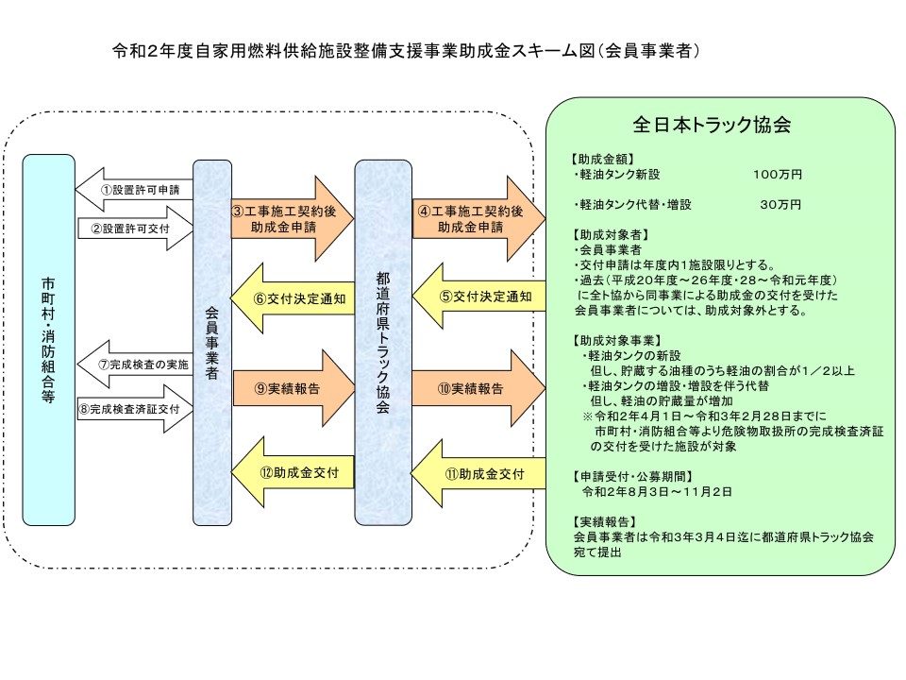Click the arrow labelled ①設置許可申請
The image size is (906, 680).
coord(134,190)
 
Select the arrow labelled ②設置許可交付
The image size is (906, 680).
coord(135,229)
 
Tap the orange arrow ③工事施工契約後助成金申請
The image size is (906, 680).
coord(292,218)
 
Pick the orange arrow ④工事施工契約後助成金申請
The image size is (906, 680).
coord(478,218)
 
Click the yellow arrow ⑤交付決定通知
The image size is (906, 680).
coord(478,297)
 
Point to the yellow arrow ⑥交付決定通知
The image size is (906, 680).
coord(293,298)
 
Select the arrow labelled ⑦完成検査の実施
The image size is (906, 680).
coord(135,365)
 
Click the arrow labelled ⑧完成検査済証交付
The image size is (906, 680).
coord(135,409)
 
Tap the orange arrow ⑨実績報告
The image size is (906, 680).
coord(294,388)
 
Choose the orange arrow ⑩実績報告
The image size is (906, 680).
coord(478,388)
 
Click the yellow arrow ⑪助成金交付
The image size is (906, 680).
coord(478,473)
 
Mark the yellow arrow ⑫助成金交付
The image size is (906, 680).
coord(293,472)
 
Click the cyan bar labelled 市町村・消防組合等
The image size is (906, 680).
coord(48,340)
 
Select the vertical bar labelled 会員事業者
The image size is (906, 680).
coord(212,343)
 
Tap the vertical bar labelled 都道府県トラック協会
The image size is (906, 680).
coord(383,343)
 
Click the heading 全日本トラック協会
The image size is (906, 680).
coord(712,125)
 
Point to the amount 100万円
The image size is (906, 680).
coord(777,174)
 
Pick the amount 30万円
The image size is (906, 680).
coord(780,204)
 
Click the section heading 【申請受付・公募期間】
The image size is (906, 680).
coord(632,476)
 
